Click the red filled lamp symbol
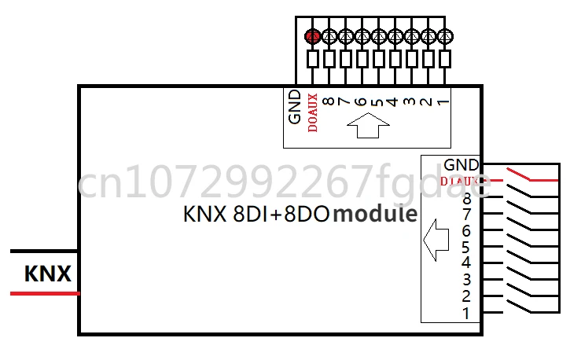coord(313,35)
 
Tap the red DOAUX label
coord(313,112)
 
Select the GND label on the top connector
coord(295,106)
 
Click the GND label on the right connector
coord(461,165)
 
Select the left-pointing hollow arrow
coord(435,239)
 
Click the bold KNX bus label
coord(48,274)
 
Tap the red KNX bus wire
coord(44,293)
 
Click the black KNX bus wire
coord(44,252)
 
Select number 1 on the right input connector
coord(466,313)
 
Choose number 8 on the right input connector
coord(466,198)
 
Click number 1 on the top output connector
coord(444,101)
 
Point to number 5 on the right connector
coord(466,247)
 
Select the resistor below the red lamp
coord(313,58)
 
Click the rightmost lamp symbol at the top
coord(445,35)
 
